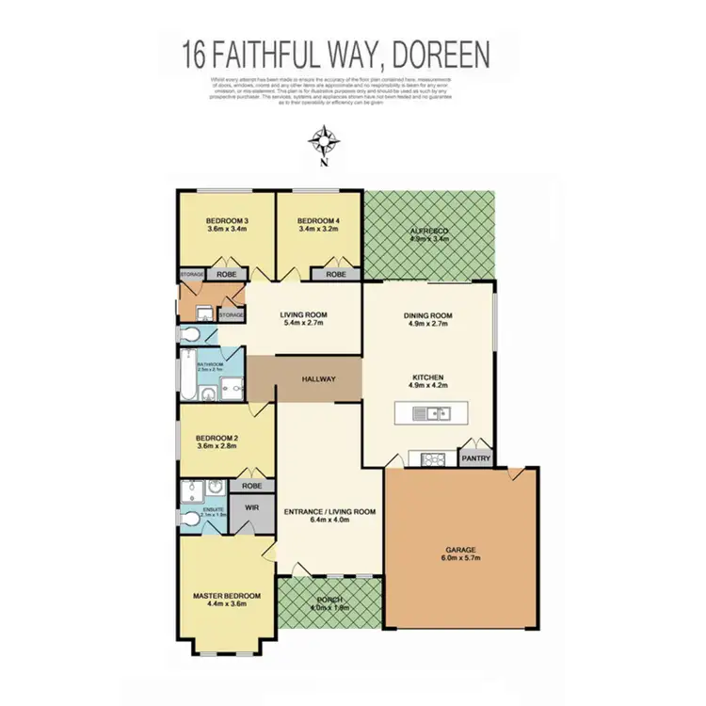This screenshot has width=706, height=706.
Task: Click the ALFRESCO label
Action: (429, 230)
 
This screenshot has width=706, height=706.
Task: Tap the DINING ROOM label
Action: (429, 316)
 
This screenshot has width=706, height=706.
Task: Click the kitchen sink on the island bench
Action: (435, 412)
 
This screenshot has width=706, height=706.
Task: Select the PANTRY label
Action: (473, 459)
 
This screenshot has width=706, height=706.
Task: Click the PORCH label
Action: (329, 600)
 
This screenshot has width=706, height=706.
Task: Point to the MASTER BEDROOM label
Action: (226, 596)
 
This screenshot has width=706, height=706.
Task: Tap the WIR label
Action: (251, 507)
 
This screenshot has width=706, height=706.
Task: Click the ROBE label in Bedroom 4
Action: (336, 274)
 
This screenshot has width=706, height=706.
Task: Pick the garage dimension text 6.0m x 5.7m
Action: (461, 557)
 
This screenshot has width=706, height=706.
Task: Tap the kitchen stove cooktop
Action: (435, 459)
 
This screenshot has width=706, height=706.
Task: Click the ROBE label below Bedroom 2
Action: (251, 486)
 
